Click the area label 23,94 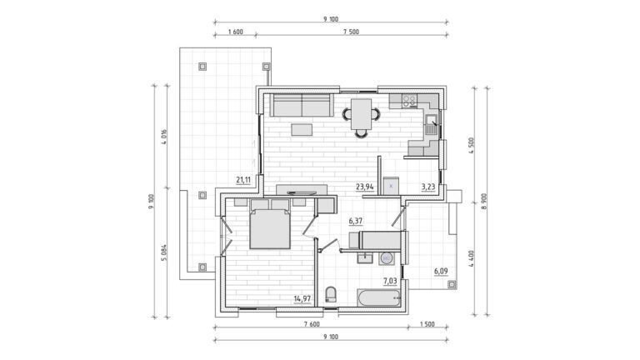tap(365, 187)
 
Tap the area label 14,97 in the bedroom tap(302, 299)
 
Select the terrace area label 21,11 tap(243, 180)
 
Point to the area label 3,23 tap(428, 187)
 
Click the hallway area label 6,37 tap(356, 221)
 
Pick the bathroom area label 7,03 tap(390, 281)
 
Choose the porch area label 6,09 tap(441, 271)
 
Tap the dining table tap(361, 114)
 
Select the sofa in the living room tap(302, 105)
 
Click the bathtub tap(379, 298)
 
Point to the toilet tap(331, 294)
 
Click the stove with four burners tap(409, 100)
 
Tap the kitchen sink tap(431, 124)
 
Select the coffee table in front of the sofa tap(302, 130)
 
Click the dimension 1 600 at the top tap(236, 32)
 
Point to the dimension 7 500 tap(351, 32)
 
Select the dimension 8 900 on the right tap(484, 201)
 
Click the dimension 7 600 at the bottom tap(312, 324)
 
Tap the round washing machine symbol tap(387, 258)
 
